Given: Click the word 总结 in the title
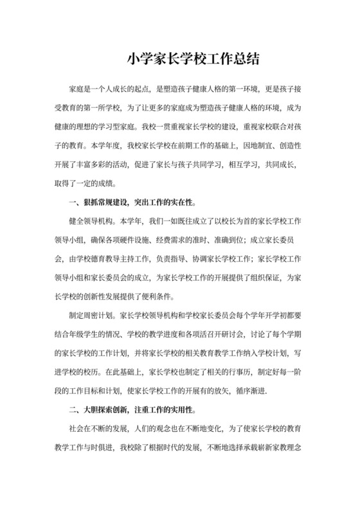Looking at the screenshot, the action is click(246, 59).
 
